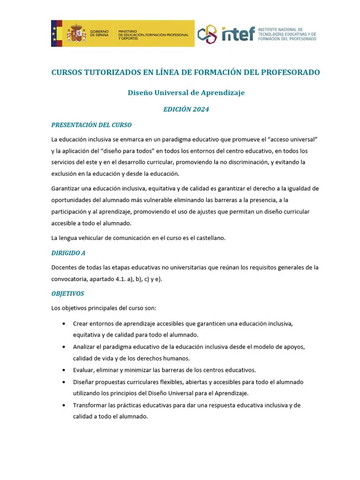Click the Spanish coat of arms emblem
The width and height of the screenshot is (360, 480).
click(x=75, y=34)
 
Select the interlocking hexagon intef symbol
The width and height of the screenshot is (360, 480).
click(x=207, y=34)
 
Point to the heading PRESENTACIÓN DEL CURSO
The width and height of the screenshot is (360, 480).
click(x=91, y=125)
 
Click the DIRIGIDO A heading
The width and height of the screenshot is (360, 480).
click(x=68, y=253)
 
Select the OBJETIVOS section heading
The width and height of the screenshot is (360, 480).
click(x=67, y=294)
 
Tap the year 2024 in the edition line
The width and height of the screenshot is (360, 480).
click(x=200, y=110)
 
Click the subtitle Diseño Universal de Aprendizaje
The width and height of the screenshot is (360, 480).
click(x=186, y=93)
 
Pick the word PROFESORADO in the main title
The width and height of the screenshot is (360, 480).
click(x=290, y=73)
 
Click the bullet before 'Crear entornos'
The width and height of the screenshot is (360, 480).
click(x=63, y=324)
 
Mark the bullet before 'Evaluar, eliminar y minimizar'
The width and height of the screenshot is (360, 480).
click(x=63, y=370)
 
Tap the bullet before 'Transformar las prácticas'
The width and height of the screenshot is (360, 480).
click(x=63, y=405)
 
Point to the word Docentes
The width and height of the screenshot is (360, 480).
click(x=64, y=268)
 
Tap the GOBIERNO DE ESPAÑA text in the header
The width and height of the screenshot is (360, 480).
click(x=99, y=34)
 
